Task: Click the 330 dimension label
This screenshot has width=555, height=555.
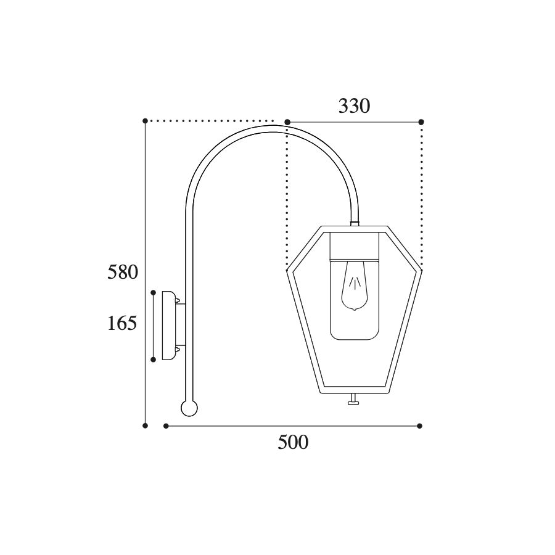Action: (355, 106)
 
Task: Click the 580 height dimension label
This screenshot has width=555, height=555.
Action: (123, 272)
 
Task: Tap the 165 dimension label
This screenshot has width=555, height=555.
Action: (122, 323)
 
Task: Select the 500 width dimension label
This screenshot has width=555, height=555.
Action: (293, 442)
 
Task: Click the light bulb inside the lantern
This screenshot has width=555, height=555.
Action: (355, 286)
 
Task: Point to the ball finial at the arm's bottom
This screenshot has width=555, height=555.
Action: (189, 408)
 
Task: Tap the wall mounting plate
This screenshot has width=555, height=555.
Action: (169, 325)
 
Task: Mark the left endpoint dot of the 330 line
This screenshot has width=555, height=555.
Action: (287, 122)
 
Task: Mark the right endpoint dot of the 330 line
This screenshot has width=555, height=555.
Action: (421, 122)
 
